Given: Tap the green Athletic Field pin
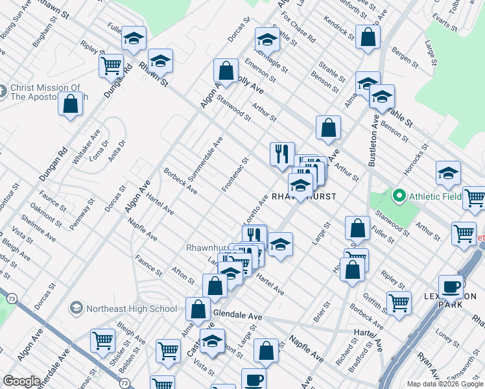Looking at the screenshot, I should pos(399,196).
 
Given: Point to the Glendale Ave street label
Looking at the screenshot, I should pos(237,316).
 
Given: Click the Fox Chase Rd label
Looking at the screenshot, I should pos(303,30).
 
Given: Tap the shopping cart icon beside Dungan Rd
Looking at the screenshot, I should pos(111,65).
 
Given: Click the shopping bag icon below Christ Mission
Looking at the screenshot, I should pos(70,104).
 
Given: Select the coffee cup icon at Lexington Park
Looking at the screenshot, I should pos(451,287).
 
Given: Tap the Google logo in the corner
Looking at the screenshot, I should pos(21,381).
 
